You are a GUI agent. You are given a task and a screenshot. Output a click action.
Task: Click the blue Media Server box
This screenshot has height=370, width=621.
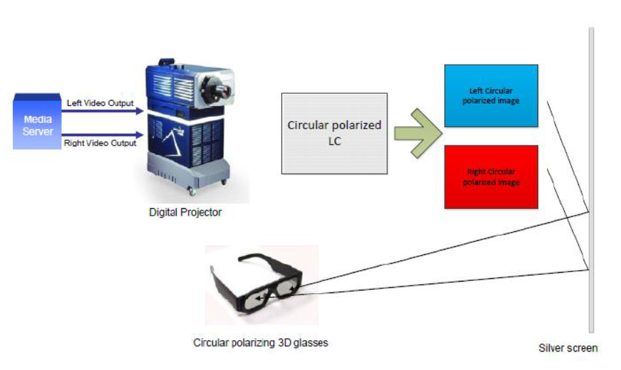(x=37, y=122)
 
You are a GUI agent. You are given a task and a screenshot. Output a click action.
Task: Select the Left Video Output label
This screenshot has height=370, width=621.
(x=100, y=103)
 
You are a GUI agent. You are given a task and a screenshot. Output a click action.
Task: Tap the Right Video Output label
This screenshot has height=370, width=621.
(x=100, y=143)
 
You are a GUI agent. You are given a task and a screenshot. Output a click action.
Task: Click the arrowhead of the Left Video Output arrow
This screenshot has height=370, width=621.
(x=140, y=111)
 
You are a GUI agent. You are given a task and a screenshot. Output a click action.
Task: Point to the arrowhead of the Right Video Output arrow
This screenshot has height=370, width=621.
(x=140, y=135)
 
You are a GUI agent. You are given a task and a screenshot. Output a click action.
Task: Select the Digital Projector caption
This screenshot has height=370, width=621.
(x=185, y=212)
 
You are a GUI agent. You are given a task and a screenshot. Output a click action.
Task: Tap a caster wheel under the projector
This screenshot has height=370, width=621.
(x=193, y=192)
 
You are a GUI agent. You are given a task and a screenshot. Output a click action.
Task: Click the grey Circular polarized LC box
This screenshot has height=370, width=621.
(x=334, y=133)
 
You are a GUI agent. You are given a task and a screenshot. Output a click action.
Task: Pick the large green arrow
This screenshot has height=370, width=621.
(x=419, y=133)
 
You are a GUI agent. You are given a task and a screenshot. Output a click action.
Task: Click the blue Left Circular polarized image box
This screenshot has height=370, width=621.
(x=491, y=96)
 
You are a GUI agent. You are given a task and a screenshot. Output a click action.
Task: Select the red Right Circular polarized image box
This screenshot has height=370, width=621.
(x=491, y=177)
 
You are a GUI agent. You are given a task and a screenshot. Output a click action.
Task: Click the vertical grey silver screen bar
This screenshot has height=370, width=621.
(x=591, y=180)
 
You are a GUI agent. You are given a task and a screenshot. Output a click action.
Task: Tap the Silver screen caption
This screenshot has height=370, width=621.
(x=568, y=348)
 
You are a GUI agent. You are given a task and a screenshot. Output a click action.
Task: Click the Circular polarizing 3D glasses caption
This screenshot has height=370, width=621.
(x=261, y=343)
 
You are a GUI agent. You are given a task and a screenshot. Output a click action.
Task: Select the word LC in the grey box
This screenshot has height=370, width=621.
(x=335, y=141)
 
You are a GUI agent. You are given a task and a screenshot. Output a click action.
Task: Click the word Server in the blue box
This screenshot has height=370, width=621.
(x=37, y=131)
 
